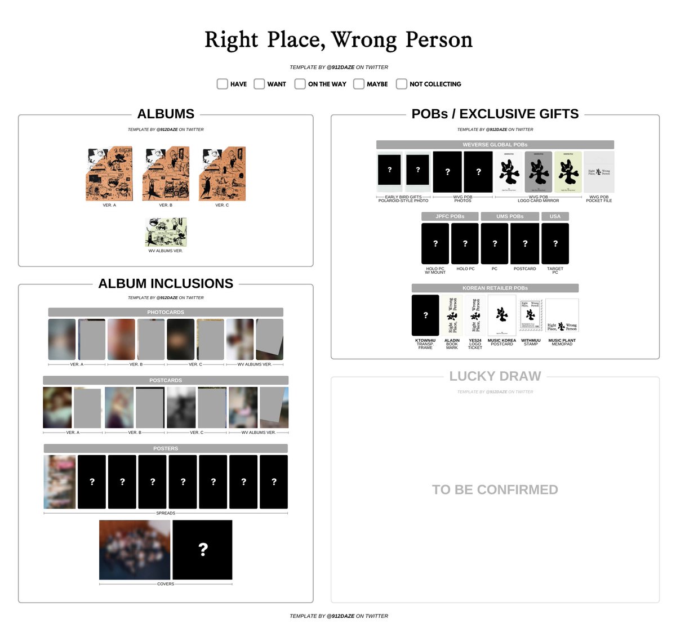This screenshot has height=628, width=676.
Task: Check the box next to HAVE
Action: tap(223, 84)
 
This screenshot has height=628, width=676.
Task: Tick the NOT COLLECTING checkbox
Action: tap(401, 84)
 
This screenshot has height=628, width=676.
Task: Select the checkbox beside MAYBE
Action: tap(359, 84)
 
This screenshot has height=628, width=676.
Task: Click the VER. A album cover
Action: tap(109, 174)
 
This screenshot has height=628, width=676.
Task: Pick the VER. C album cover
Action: tap(222, 174)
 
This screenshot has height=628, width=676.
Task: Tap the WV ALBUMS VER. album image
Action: tap(166, 232)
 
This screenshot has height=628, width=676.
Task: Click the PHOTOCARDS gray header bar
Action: tap(166, 312)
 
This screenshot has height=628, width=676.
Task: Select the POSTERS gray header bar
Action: tap(166, 448)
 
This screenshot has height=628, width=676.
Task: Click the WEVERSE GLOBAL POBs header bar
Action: tap(495, 145)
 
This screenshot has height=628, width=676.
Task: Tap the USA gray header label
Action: tap(555, 216)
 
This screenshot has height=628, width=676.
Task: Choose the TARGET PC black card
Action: tap(555, 243)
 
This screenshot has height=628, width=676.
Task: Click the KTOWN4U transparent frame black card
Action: tap(425, 315)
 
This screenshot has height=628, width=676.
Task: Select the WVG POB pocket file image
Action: tap(599, 172)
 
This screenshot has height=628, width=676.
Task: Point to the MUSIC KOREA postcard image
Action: tap(501, 315)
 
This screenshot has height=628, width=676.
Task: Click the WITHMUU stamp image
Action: tap(530, 315)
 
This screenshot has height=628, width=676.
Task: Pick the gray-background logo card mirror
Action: tap(539, 172)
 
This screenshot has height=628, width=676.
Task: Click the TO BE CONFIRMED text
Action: tap(495, 490)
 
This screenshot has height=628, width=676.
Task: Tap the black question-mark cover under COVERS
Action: tap(202, 550)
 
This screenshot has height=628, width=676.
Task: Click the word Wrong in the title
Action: tap(364, 40)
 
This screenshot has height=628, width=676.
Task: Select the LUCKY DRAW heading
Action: tap(495, 376)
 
